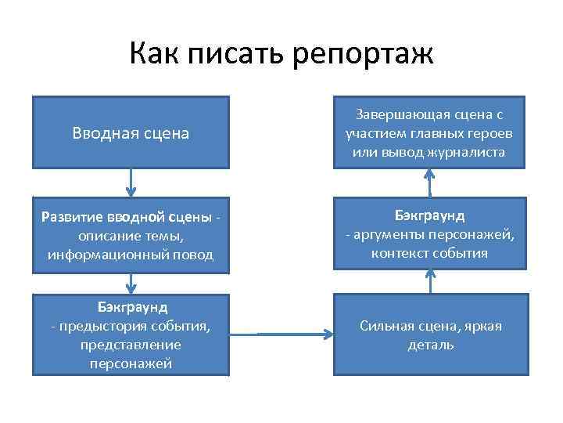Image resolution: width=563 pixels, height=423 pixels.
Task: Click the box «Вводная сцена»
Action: (131, 132)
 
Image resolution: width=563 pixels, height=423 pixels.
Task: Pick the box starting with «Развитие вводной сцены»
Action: (131, 235)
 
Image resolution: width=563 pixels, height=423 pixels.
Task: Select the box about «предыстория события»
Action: (131, 333)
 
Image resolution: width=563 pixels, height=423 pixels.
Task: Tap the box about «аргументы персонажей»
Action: (430, 233)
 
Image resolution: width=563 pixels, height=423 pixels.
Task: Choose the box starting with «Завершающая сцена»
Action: (430, 132)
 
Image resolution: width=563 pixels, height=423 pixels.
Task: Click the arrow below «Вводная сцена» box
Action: (131, 183)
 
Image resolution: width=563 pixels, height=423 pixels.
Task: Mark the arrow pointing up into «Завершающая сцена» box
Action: (429, 183)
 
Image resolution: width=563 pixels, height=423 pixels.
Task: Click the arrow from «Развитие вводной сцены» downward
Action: (131, 284)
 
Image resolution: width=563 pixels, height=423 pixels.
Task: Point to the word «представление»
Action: (131, 344)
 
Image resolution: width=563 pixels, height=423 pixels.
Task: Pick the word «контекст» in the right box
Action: (398, 253)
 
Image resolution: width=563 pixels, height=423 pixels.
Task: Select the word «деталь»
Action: (430, 345)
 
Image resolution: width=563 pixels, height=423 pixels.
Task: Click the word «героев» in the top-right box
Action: (493, 132)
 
